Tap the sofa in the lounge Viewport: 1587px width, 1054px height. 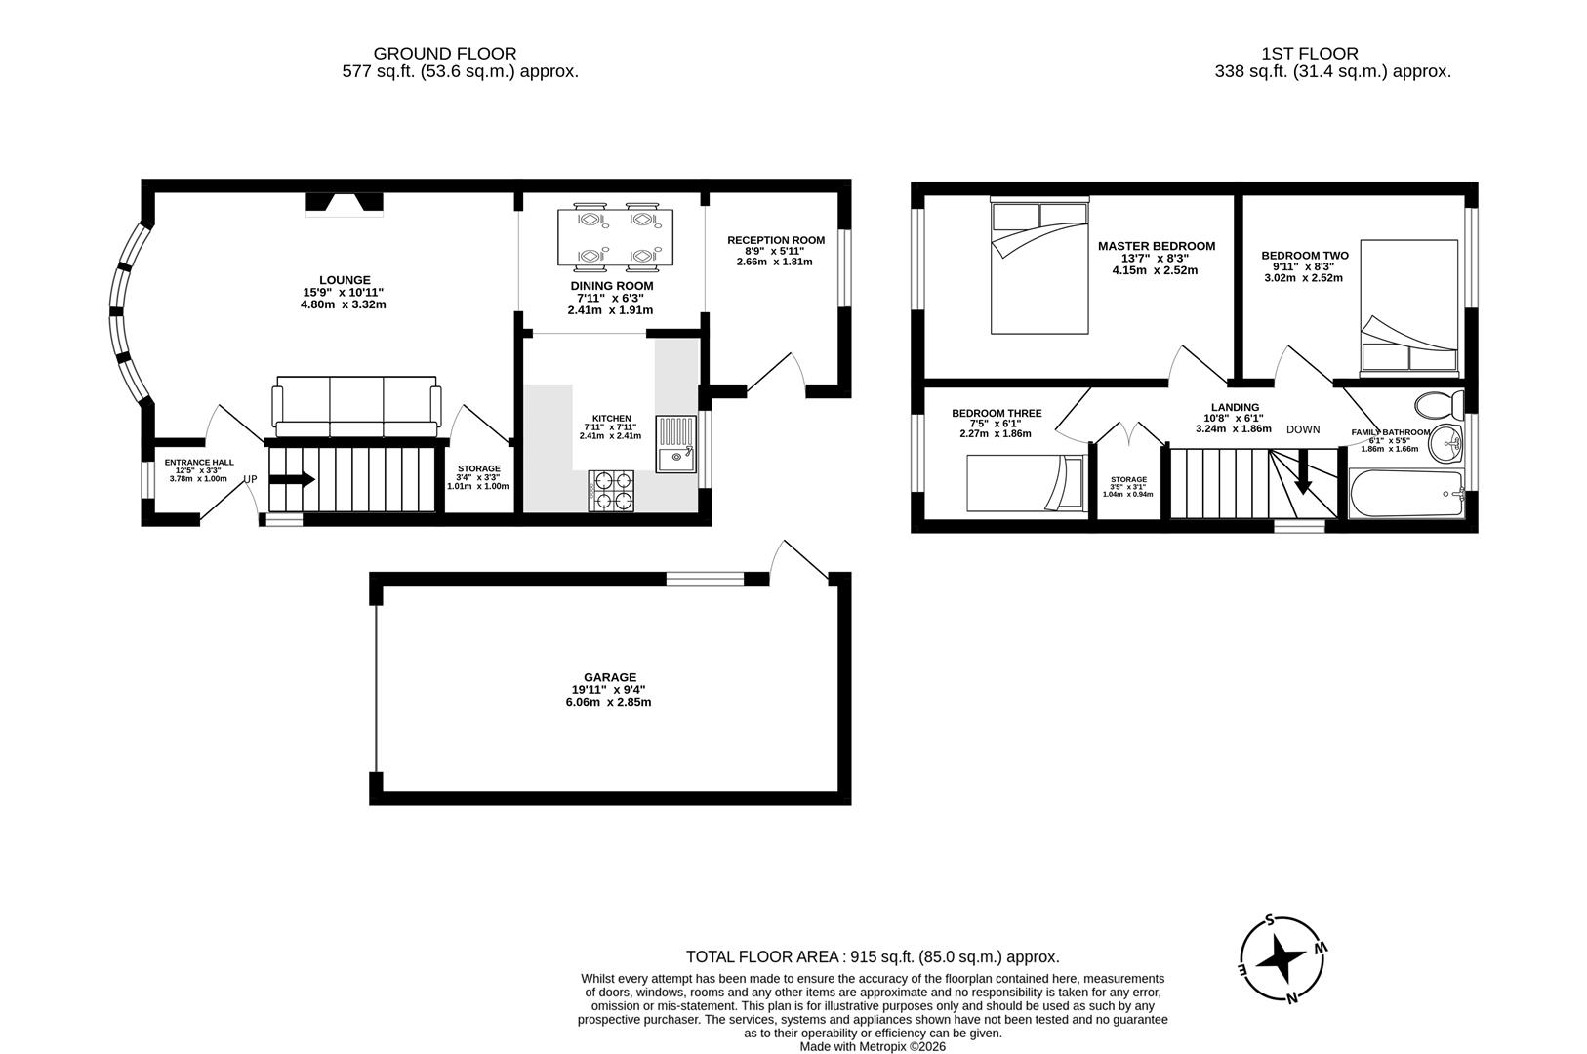(356, 407)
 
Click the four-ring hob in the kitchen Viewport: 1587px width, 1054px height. (611, 491)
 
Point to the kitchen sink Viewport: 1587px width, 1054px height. (675, 445)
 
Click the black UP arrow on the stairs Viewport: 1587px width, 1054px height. (292, 479)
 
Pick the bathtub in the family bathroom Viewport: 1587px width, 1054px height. (1406, 494)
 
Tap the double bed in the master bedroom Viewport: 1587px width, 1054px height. (1038, 266)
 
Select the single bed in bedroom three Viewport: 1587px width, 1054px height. (1025, 483)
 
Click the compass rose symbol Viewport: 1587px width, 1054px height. (1282, 959)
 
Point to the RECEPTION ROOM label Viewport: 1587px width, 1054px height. (775, 240)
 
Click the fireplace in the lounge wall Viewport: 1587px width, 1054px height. (345, 203)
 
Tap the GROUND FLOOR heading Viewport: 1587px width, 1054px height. (444, 54)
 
